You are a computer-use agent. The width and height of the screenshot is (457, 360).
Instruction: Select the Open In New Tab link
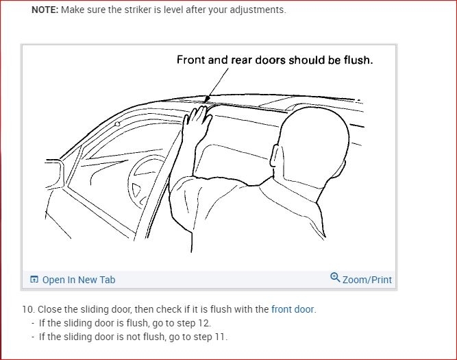pyautogui.click(x=79, y=280)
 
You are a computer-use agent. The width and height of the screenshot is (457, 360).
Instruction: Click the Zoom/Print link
pyautogui.click(x=367, y=280)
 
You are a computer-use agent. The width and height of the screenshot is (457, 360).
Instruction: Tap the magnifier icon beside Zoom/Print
pyautogui.click(x=335, y=278)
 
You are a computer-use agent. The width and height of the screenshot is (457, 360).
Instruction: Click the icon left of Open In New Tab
pyautogui.click(x=34, y=280)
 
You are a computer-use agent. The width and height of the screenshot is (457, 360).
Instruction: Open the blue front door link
pyautogui.click(x=293, y=309)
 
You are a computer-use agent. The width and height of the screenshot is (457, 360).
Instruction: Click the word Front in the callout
pyautogui.click(x=191, y=60)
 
